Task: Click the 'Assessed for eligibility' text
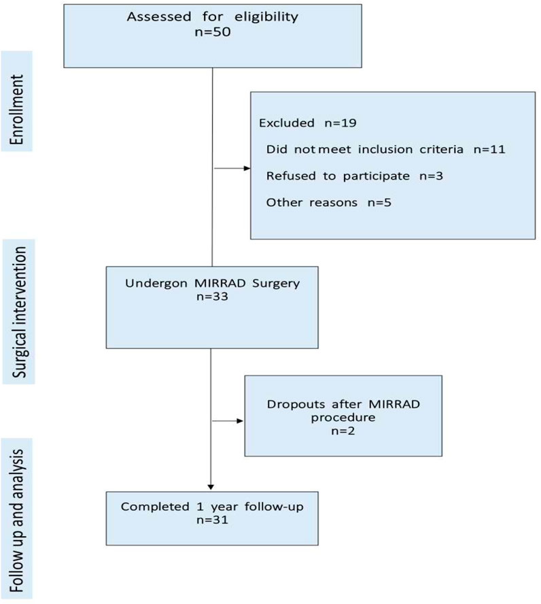click(212, 16)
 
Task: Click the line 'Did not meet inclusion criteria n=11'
click(385, 149)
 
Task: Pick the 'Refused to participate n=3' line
click(347, 175)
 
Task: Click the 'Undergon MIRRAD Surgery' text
click(212, 282)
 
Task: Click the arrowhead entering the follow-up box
click(211, 486)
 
